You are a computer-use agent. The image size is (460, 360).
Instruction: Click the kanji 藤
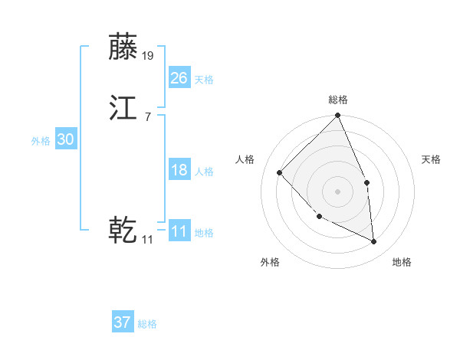coord(123,47)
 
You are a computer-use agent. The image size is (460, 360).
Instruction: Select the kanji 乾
coord(123,229)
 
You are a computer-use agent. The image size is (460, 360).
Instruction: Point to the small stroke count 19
coord(148,55)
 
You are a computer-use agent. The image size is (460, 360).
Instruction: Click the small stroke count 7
coord(147,116)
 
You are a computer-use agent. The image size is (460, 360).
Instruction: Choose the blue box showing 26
coord(179,77)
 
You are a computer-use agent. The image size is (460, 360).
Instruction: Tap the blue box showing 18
coord(179,170)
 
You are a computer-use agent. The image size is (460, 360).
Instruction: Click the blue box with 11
coord(179,231)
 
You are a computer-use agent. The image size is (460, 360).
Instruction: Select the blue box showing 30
coord(65,139)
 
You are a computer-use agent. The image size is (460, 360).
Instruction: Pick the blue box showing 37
coord(122,322)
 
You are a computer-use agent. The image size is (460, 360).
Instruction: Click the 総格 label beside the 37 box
coord(147,324)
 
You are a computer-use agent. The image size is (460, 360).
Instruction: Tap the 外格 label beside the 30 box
coord(41,141)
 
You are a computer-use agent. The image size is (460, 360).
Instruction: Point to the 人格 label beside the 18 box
coord(204,172)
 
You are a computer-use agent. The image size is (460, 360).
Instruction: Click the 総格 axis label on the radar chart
coord(338,100)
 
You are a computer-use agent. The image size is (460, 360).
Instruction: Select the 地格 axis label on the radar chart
coord(402,262)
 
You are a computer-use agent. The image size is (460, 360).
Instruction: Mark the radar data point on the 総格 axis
coord(338,116)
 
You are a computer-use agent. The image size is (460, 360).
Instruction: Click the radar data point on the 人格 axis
coord(280,172)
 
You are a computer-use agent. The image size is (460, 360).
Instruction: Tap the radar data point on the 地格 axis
coord(373,241)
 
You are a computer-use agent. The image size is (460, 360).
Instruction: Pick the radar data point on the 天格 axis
coord(366,182)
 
